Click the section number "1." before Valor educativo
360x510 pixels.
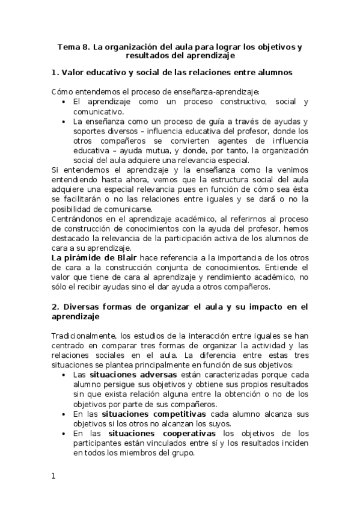pos(55,72)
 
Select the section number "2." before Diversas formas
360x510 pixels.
pos(55,306)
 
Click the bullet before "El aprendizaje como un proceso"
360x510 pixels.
pos(65,102)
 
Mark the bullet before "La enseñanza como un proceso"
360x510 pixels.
pos(65,121)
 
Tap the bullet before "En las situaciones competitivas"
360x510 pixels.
pos(65,414)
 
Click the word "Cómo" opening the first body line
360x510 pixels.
pos(61,92)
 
